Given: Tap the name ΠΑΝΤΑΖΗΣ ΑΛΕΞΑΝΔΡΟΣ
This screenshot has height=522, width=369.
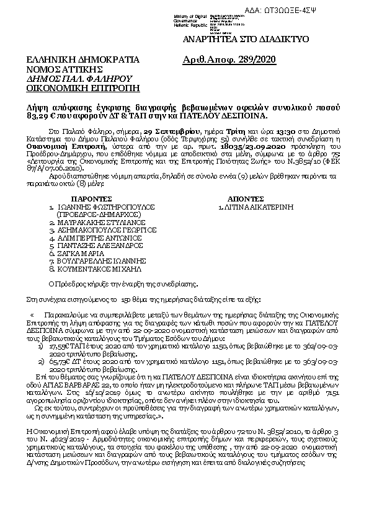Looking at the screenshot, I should pyautogui.click(x=100, y=246).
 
